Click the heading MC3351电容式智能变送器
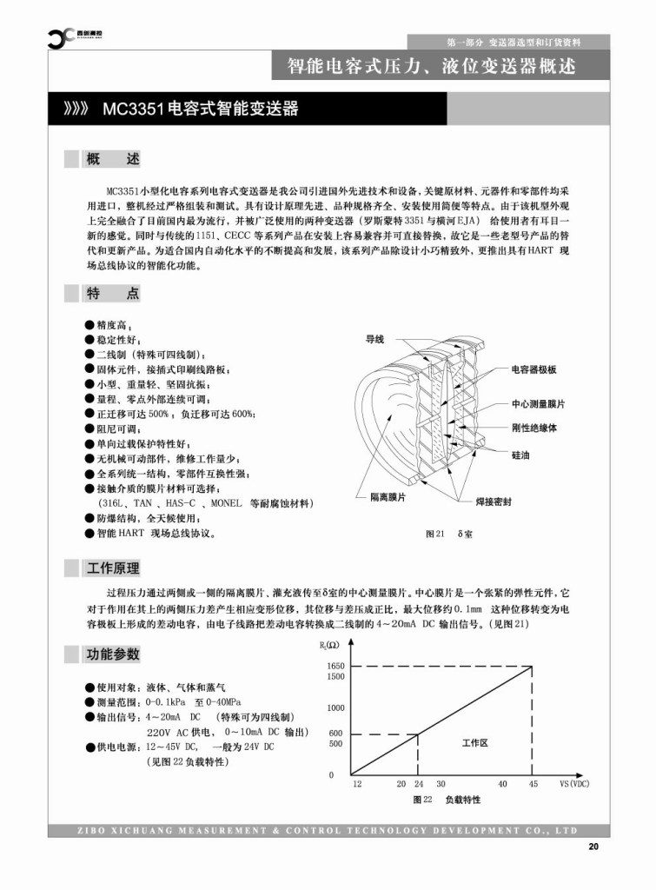pos(200,110)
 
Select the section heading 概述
pos(112,160)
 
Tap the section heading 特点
pos(112,294)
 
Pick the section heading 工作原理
pos(112,569)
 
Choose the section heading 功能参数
pos(112,654)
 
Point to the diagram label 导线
pos(374,339)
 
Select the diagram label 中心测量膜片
pos(538,405)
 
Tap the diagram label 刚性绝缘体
pos(533,428)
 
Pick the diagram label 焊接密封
pos(493,502)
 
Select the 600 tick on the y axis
pos(336,733)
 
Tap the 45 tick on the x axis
pos(533,784)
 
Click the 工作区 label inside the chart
pos(474,743)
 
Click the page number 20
pos(593,847)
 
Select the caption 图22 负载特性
pos(447,799)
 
